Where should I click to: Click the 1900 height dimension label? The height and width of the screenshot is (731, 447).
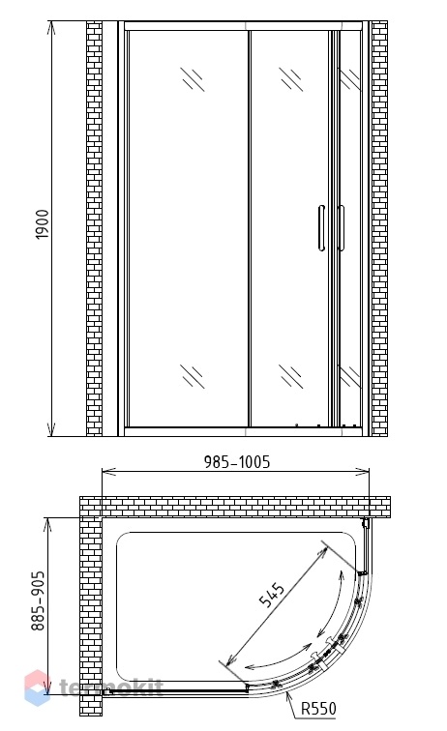[42, 224]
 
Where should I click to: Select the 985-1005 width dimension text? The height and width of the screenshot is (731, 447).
[237, 461]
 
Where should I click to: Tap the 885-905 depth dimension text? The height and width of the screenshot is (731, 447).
[38, 600]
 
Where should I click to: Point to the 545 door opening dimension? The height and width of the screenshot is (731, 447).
[272, 595]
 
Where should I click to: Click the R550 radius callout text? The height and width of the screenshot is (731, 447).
[318, 709]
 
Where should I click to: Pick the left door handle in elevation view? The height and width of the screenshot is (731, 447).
[321, 227]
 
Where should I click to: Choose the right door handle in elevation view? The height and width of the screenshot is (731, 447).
[342, 227]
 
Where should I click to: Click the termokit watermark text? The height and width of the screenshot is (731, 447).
[111, 687]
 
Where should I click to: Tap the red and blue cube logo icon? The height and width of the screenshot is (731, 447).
[38, 687]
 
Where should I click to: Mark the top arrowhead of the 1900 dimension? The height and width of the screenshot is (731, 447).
[52, 27]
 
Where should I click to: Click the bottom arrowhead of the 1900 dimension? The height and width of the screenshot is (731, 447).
[52, 430]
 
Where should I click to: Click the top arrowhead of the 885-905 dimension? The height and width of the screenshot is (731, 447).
[46, 524]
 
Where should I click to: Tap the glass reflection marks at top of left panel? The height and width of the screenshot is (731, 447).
[193, 78]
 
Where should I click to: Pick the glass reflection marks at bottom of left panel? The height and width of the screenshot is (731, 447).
[193, 376]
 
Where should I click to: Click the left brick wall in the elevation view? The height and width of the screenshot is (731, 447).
[94, 228]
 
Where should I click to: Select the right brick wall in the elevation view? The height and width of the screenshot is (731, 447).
[379, 228]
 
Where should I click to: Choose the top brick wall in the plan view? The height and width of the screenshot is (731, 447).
[235, 508]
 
